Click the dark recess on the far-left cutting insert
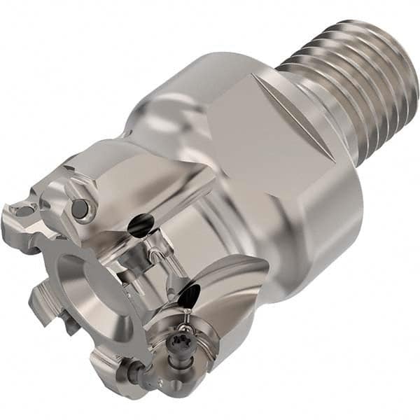[23, 210]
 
